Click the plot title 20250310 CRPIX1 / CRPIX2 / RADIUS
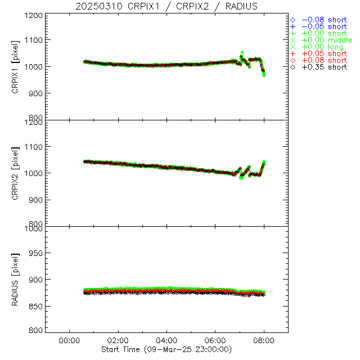coord(167,6)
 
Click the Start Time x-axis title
coord(166,349)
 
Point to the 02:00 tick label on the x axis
coord(118,340)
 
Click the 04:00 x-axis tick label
coord(166,340)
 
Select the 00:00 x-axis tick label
coord(69,340)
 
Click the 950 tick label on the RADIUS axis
coord(38,253)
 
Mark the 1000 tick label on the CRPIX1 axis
coord(36,66)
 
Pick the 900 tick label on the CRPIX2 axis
coord(38,200)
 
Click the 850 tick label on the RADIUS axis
coord(38,307)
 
